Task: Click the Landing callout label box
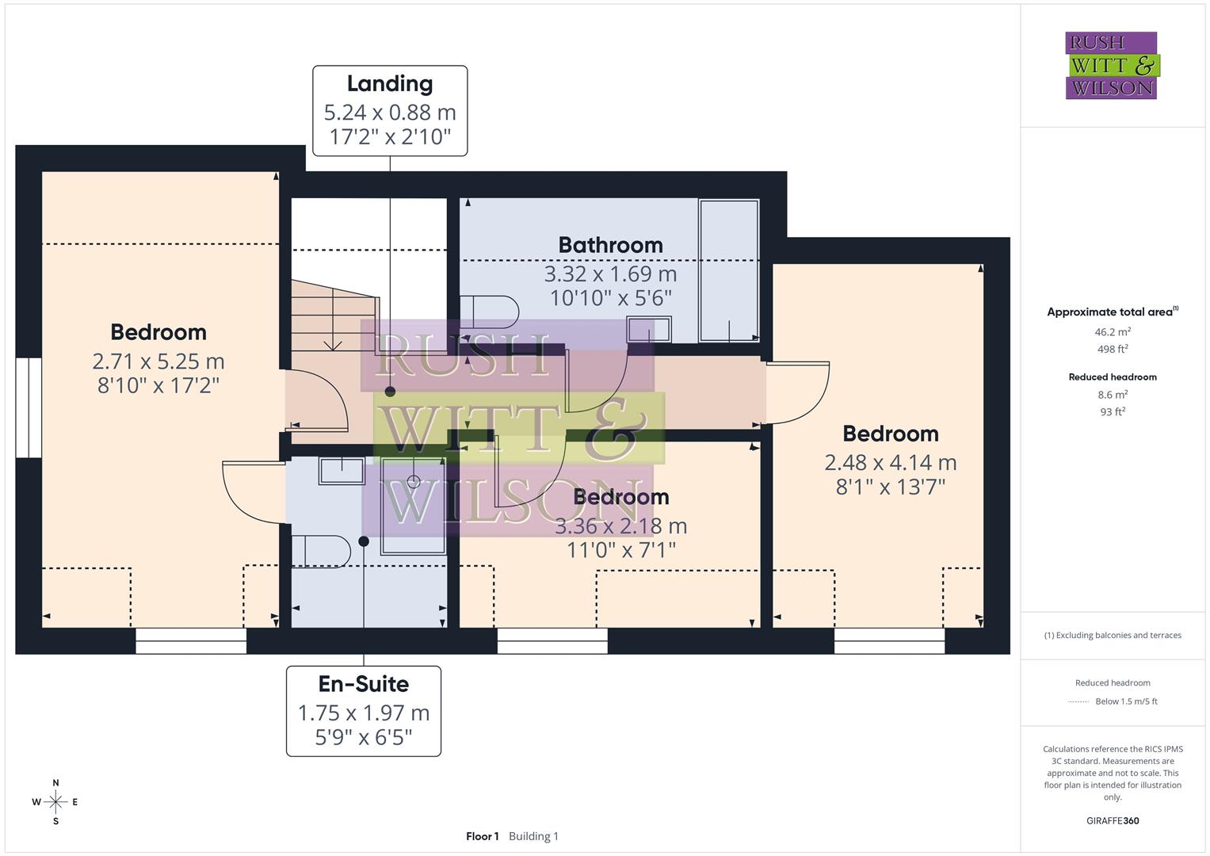coord(390,111)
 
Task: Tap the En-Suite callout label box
coord(364,711)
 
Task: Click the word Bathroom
coord(610,245)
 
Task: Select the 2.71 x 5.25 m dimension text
coord(158,361)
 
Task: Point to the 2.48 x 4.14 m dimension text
coord(891,462)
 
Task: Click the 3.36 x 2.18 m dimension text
coord(620,525)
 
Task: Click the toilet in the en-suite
coord(320,552)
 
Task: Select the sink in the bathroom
coord(649,329)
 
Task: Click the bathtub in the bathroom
coord(728,270)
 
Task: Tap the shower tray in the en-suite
coord(413,505)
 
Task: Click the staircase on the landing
coord(331,317)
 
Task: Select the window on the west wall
coord(29,407)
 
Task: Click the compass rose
coord(55,802)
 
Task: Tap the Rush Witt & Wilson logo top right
coord(1111,66)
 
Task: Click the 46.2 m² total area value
coord(1113,332)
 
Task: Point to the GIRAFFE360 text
coord(1113,820)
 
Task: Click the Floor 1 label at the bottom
coord(482,836)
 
